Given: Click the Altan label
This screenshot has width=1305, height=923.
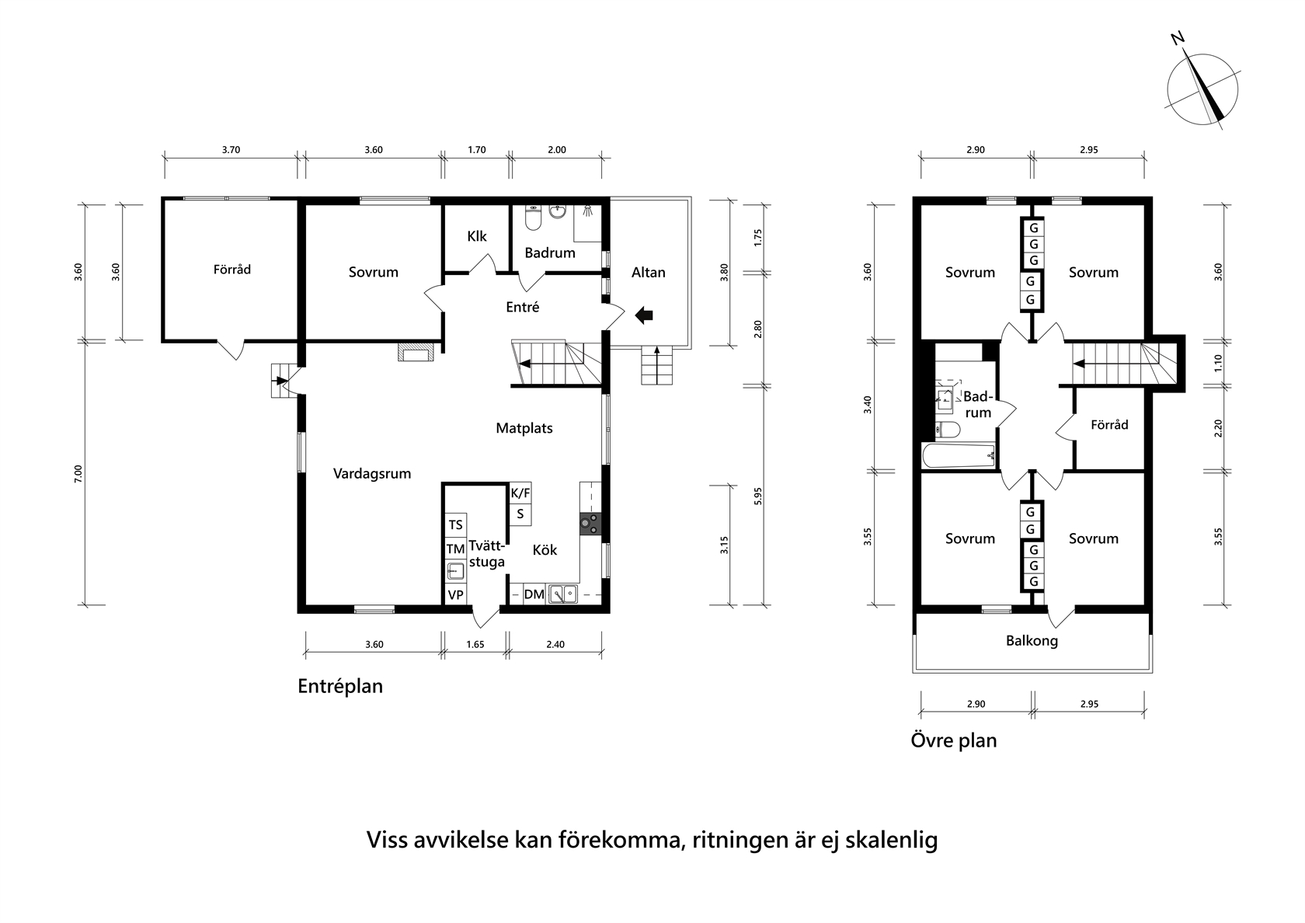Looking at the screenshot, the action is tap(648, 272).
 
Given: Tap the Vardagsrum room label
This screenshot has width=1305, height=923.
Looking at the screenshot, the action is tap(371, 474).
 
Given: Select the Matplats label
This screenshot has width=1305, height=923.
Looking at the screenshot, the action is tap(524, 428).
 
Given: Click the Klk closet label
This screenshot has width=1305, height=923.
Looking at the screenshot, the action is tap(477, 236).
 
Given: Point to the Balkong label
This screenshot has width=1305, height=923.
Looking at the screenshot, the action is tap(1032, 641).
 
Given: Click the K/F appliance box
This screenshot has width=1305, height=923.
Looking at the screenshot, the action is tap(520, 493).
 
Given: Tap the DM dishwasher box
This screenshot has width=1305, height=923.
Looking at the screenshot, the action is tap(534, 594).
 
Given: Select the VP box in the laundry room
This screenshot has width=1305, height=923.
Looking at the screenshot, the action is tap(455, 595).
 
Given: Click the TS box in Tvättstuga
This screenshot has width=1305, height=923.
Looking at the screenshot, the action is tap(455, 525).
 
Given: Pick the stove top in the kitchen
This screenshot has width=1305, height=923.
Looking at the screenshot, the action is tap(590, 524).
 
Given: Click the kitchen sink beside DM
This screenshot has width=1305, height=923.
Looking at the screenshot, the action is tap(562, 594).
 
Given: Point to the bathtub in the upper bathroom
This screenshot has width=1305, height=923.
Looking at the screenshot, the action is tap(959, 455).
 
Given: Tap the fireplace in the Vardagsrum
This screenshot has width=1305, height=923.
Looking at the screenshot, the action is tap(416, 353).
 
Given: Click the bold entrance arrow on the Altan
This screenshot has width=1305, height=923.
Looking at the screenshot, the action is tap(644, 315).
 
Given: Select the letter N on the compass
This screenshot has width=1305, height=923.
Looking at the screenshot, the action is tap(1178, 39).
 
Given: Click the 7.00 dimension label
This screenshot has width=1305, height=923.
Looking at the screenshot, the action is tap(78, 473).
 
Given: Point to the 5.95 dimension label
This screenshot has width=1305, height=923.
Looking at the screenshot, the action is tap(757, 496).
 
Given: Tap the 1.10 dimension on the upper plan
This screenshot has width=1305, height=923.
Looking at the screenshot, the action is tap(1218, 364).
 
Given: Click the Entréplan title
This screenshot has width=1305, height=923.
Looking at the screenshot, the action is tap(340, 686).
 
